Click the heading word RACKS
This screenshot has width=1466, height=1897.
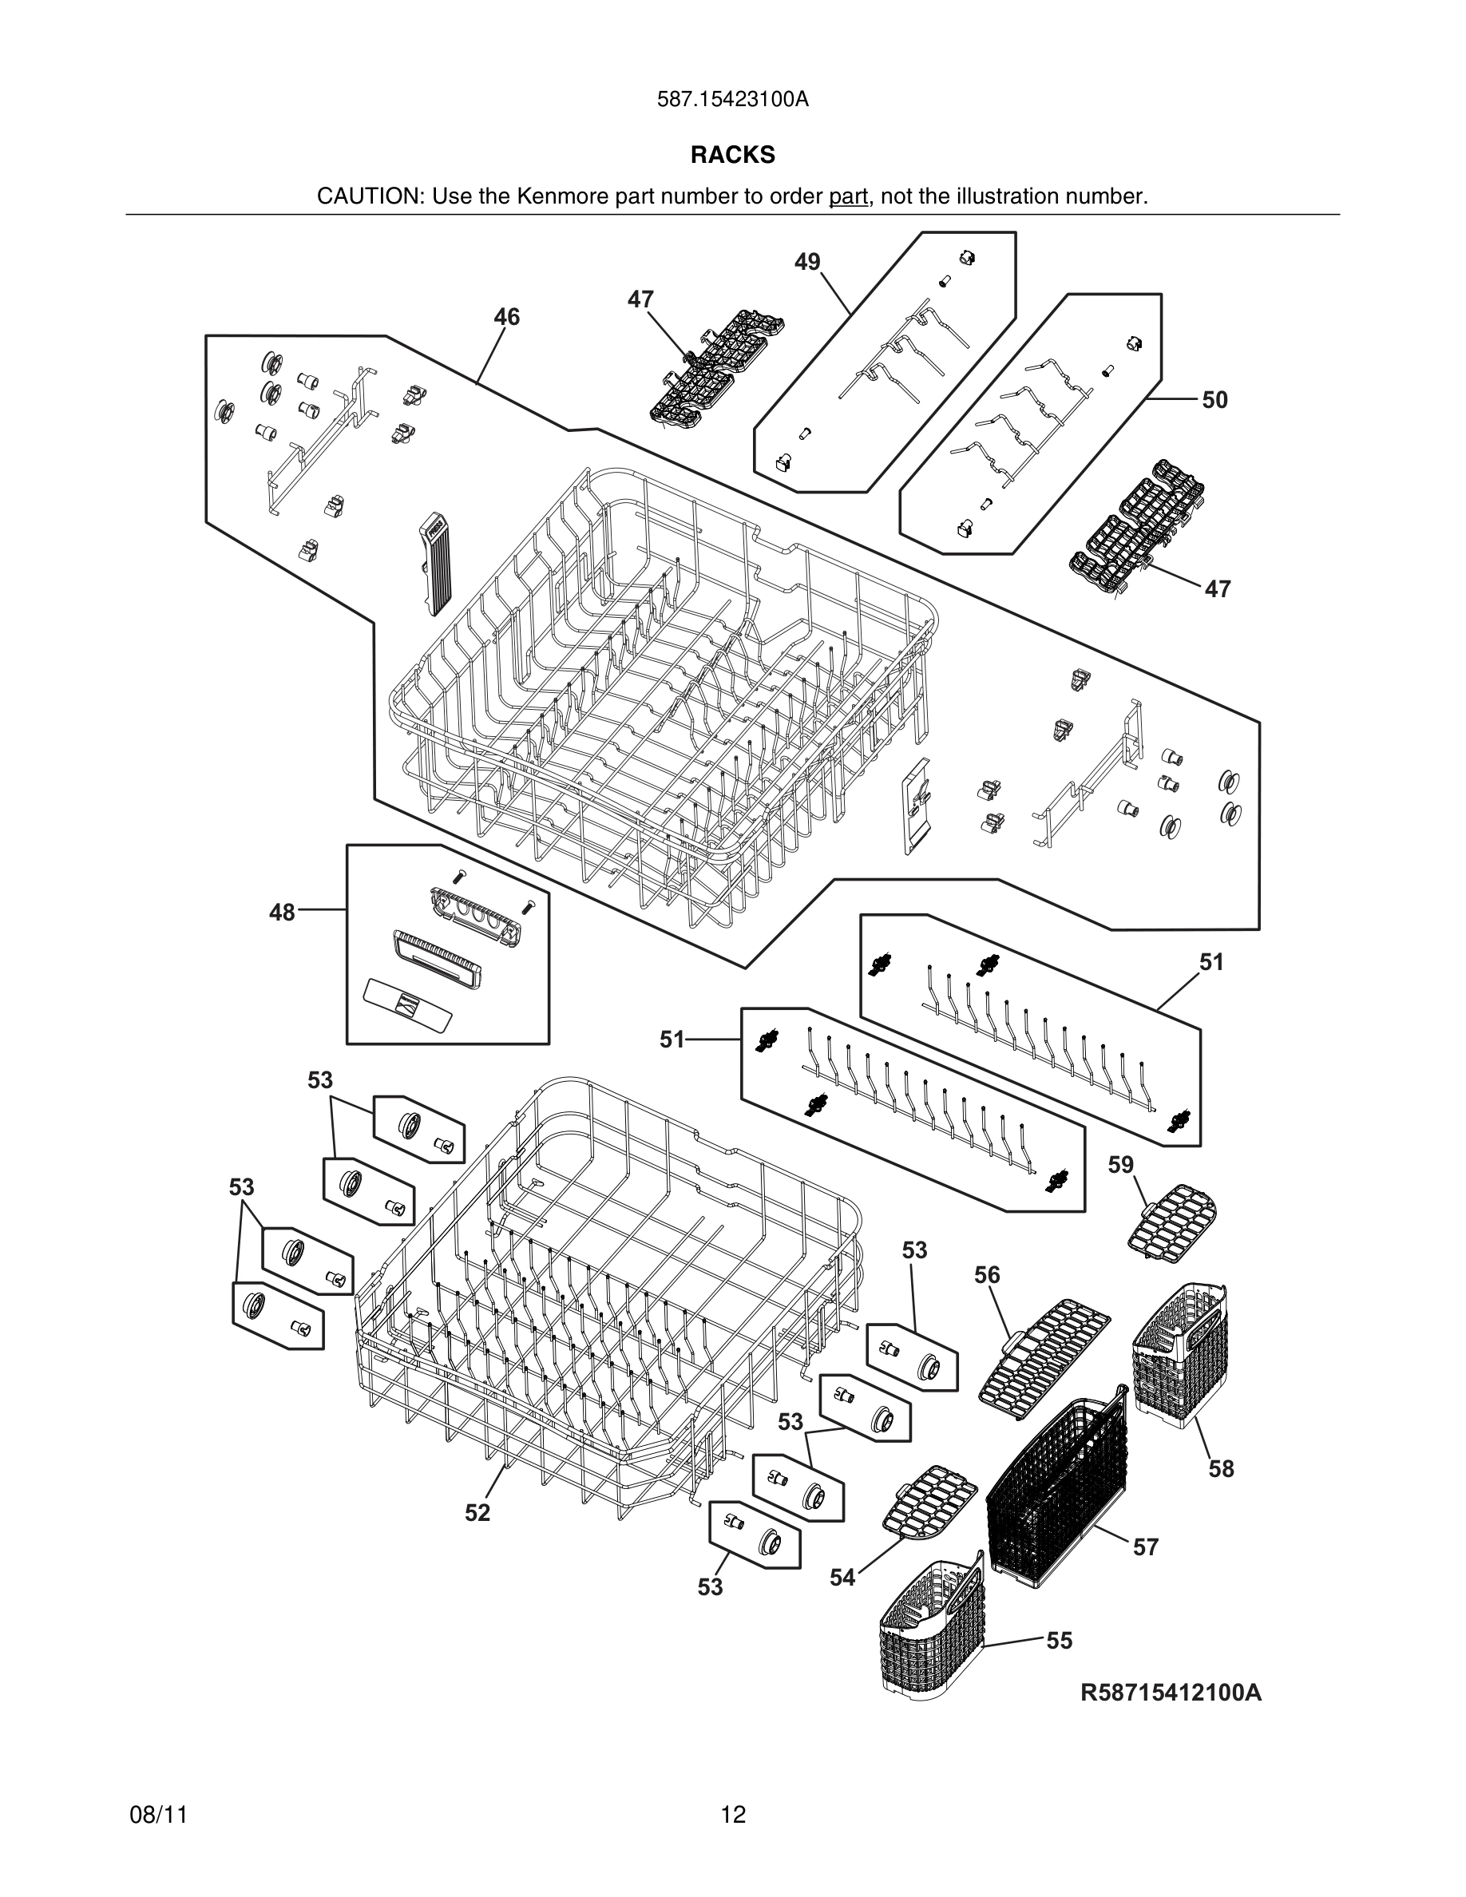732,155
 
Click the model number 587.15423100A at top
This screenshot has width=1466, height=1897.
732,99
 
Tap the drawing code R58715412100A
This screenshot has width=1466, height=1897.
1171,1692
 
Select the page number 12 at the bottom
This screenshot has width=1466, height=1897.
732,1815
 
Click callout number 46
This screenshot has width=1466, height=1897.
506,317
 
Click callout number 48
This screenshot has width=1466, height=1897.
281,912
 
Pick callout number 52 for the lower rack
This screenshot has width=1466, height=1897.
477,1512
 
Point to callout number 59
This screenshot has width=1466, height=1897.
1120,1164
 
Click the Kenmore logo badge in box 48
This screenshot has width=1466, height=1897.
408,1004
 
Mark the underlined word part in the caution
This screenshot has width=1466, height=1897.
848,196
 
